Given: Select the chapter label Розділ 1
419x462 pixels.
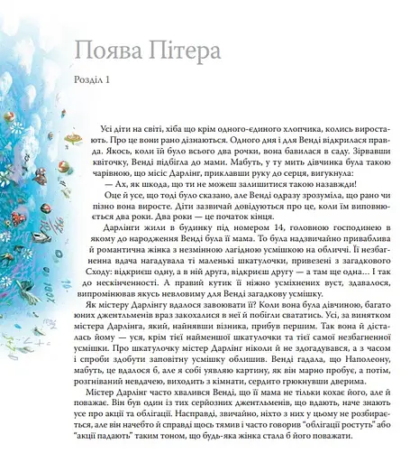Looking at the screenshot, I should [89, 83].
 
